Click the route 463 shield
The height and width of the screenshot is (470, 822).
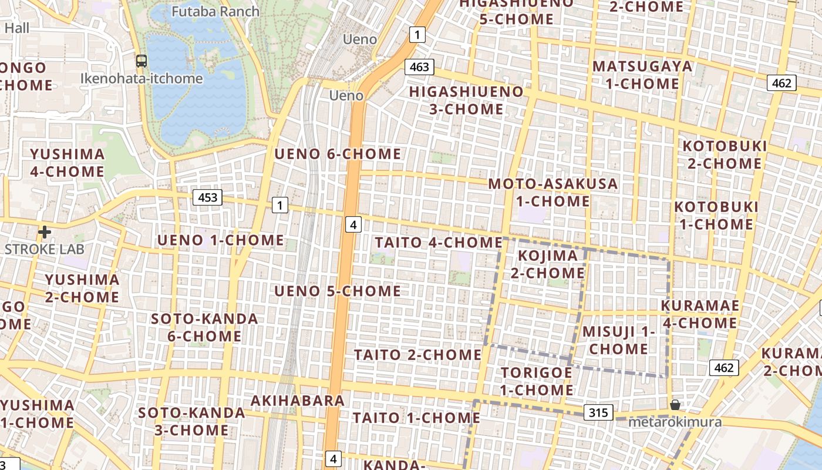coord(419,67)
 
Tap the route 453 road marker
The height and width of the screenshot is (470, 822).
coord(208,198)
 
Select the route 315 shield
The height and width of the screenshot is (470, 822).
coord(598,412)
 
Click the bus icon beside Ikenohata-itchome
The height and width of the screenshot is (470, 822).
coord(142,61)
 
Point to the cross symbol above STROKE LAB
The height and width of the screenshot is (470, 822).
coord(44,233)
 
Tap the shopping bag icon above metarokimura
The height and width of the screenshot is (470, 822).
coord(675,405)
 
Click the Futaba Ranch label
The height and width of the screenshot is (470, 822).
coord(215,11)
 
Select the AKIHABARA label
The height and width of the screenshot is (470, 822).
coord(298,401)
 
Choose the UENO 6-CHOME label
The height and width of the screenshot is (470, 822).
coord(338,155)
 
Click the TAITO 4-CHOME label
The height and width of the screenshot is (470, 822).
coord(439,242)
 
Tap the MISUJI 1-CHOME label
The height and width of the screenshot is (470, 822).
coord(619,340)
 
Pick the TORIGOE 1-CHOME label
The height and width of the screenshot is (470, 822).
coord(537,381)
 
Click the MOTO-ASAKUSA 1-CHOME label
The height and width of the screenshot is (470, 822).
coord(553,192)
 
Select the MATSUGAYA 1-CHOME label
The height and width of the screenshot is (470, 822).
coord(642,75)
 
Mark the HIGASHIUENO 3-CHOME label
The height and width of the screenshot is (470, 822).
coord(466,100)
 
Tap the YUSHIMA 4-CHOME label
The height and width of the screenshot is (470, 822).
coord(68,163)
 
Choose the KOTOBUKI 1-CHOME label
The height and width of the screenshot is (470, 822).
coord(716,216)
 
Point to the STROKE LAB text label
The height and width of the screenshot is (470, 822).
coord(45,249)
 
